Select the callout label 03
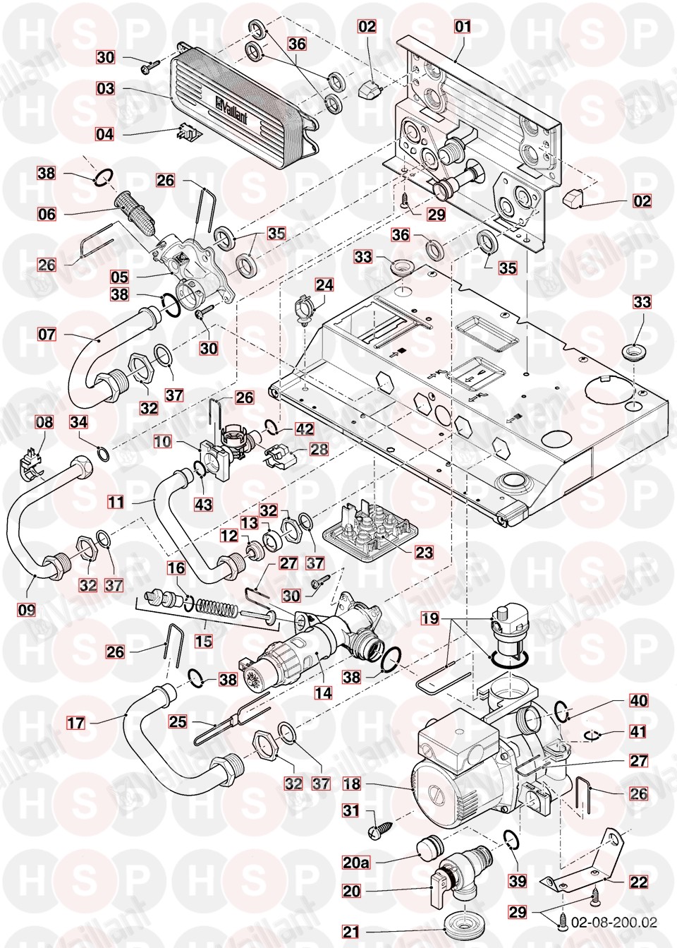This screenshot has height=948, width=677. (x=106, y=89)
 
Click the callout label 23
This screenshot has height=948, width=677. (x=424, y=552)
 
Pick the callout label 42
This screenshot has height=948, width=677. (x=305, y=428)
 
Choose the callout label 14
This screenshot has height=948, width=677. (x=322, y=692)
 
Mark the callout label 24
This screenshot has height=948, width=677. (x=324, y=284)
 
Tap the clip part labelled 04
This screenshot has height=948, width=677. (x=186, y=133)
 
